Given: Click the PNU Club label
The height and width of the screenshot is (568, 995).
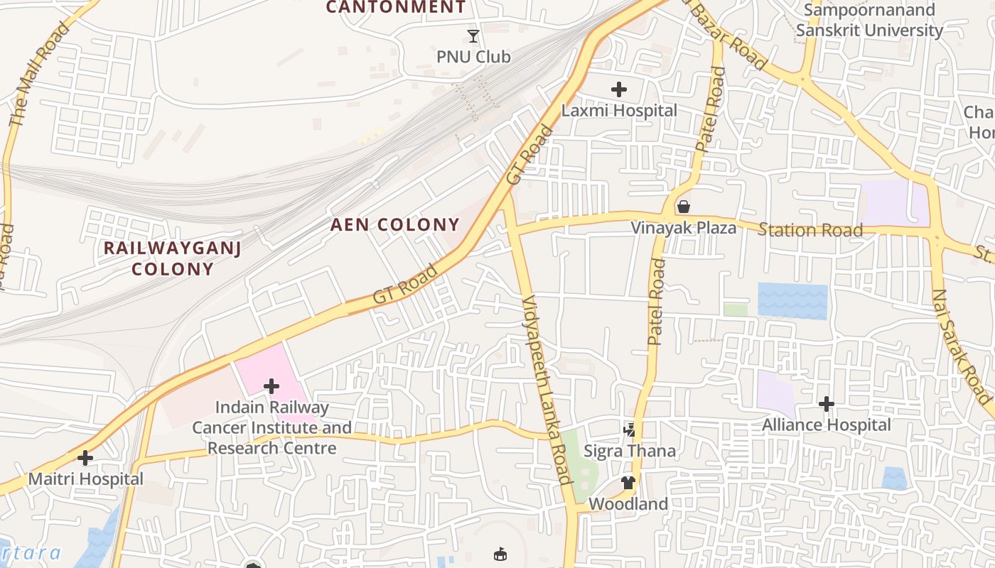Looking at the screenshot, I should (473, 57).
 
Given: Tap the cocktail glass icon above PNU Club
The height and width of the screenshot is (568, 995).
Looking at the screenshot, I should (473, 35).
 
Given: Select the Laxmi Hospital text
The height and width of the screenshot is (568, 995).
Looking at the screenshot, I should (619, 111).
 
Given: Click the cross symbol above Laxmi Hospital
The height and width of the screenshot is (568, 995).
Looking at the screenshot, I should (619, 89).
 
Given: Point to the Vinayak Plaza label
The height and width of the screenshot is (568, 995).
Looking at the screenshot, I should (684, 228).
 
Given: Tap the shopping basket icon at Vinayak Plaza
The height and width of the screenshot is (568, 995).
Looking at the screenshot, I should (684, 207).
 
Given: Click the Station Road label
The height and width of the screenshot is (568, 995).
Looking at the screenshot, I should (810, 230).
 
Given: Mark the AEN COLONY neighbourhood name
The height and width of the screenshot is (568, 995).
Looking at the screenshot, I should (395, 225).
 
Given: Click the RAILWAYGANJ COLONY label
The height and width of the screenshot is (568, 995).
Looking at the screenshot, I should (173, 258).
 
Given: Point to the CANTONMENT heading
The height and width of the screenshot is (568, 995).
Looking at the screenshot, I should (396, 8).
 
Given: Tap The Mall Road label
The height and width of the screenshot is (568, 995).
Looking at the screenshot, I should (39, 75).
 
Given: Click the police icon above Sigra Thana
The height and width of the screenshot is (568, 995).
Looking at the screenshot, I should (630, 430).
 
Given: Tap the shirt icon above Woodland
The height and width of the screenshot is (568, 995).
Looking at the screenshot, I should (628, 483).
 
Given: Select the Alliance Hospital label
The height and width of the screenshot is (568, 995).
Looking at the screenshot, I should (826, 425).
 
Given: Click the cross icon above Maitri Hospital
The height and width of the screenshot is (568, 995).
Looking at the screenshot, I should (85, 458).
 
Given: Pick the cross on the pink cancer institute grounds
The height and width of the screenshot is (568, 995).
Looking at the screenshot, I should (271, 386).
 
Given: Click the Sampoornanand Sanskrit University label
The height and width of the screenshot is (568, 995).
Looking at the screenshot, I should (868, 20).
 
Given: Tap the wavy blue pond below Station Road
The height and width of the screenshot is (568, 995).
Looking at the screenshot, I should (792, 300).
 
